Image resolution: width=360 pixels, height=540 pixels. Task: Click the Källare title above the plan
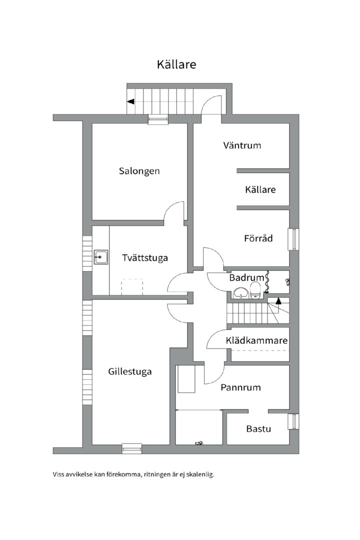tap(176, 64)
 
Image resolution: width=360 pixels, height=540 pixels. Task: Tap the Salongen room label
tap(139, 171)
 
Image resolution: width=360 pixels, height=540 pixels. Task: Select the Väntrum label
tap(242, 145)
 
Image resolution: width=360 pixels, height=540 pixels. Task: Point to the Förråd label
tap(258, 238)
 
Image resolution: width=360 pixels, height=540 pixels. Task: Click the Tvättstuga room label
tap(145, 258)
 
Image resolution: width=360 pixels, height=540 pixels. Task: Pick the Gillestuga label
tap(130, 372)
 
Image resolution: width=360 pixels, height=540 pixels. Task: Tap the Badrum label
tap(246, 277)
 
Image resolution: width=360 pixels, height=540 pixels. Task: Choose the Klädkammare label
tap(256, 340)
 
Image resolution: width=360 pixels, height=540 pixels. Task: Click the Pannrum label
tap(240, 388)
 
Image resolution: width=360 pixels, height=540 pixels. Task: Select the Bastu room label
tap(258, 429)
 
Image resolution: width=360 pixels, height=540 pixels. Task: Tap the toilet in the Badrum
tap(255, 290)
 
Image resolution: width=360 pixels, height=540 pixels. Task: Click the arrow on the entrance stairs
tap(130, 101)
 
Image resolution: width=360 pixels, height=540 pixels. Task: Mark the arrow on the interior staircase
tap(278, 301)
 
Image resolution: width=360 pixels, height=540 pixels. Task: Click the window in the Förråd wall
tap(294, 239)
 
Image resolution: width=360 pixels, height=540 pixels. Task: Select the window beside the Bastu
tap(293, 421)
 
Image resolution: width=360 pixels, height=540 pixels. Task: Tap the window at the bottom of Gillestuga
tap(132, 448)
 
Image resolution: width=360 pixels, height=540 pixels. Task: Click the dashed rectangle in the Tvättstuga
tap(132, 287)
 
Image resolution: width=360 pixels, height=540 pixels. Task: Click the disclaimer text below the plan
tap(133, 474)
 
